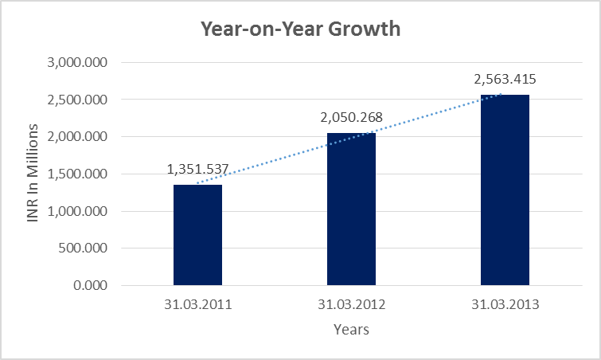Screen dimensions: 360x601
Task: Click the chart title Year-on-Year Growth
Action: coord(300,30)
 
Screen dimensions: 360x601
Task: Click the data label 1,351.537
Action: coord(197,169)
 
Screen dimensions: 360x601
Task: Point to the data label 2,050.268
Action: coord(351,117)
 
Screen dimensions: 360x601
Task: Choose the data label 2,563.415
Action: coord(505,79)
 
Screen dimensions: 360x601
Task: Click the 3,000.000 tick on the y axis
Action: coord(79,63)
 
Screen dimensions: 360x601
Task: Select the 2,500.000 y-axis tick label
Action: coord(79,100)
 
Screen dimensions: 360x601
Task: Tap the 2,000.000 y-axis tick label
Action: coord(79,137)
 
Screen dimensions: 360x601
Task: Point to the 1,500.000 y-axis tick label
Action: coord(79,174)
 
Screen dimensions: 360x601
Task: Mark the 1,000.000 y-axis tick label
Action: coord(79,211)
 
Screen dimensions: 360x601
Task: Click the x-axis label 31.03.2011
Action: coord(197,304)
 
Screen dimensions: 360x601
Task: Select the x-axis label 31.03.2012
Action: coord(351,304)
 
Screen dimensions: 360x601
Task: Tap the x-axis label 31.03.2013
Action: coord(505,304)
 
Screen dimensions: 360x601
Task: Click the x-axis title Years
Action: coord(351,328)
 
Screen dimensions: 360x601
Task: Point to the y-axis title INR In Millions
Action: coord(33,173)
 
